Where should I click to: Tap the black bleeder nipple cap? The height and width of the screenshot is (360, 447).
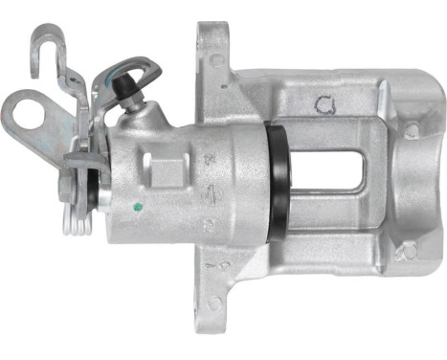[124, 87]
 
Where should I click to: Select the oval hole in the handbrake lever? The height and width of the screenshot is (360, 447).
[30, 109]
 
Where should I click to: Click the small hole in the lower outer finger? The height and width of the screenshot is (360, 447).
[409, 251]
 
